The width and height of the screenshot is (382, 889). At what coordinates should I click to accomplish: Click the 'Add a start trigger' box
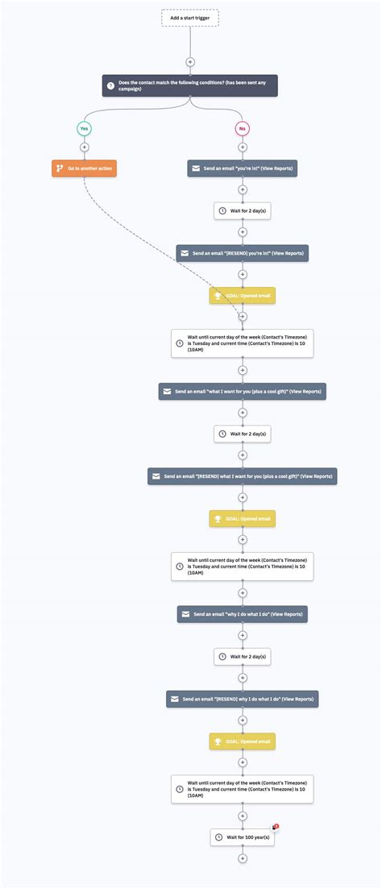[190, 18]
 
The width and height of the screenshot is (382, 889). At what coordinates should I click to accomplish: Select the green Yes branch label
[84, 129]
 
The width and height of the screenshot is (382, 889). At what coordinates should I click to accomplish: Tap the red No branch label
[242, 129]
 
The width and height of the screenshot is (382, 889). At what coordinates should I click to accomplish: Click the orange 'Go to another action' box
[84, 168]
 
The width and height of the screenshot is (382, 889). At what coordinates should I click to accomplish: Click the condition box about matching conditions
[190, 86]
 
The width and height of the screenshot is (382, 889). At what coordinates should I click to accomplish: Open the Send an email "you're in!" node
[242, 168]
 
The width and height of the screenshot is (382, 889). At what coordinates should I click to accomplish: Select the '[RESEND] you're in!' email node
[242, 253]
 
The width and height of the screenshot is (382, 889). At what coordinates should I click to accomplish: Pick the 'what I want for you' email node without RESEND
[242, 391]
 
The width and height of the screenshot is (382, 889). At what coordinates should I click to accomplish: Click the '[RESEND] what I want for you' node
[242, 476]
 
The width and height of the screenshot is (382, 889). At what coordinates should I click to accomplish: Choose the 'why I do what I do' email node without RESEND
[242, 614]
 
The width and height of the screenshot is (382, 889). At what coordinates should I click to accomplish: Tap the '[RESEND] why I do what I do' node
[242, 699]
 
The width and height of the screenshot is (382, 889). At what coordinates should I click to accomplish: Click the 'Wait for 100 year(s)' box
[242, 837]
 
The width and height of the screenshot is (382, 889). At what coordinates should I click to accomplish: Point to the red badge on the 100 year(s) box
[276, 827]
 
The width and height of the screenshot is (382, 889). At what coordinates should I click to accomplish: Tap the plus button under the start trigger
[190, 61]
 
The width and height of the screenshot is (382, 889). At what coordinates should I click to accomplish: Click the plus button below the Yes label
[84, 147]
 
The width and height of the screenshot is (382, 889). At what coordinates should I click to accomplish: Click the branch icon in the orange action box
[59, 168]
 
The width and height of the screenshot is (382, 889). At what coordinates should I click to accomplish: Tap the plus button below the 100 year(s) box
[242, 858]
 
